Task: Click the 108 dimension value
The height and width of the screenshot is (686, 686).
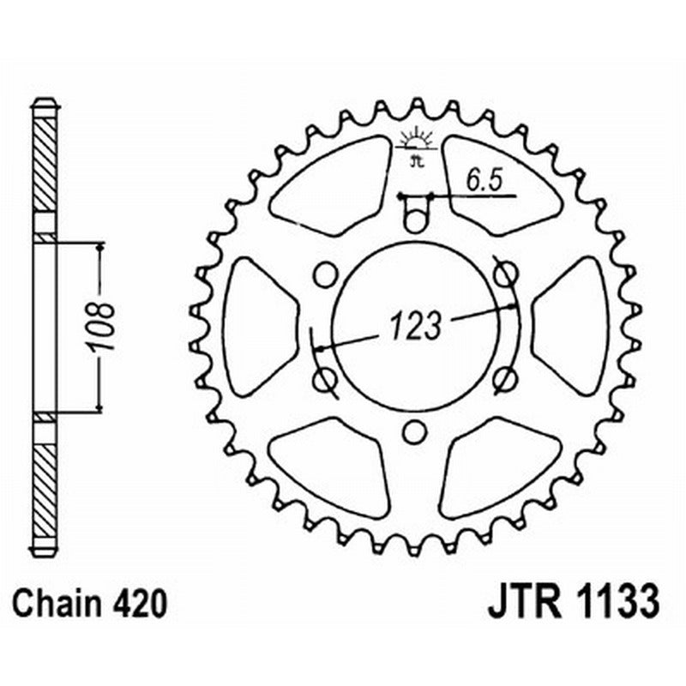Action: click(x=104, y=326)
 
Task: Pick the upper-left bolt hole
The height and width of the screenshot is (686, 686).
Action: click(x=324, y=274)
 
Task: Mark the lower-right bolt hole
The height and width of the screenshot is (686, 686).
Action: click(x=506, y=378)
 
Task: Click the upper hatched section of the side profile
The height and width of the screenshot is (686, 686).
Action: click(x=45, y=163)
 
